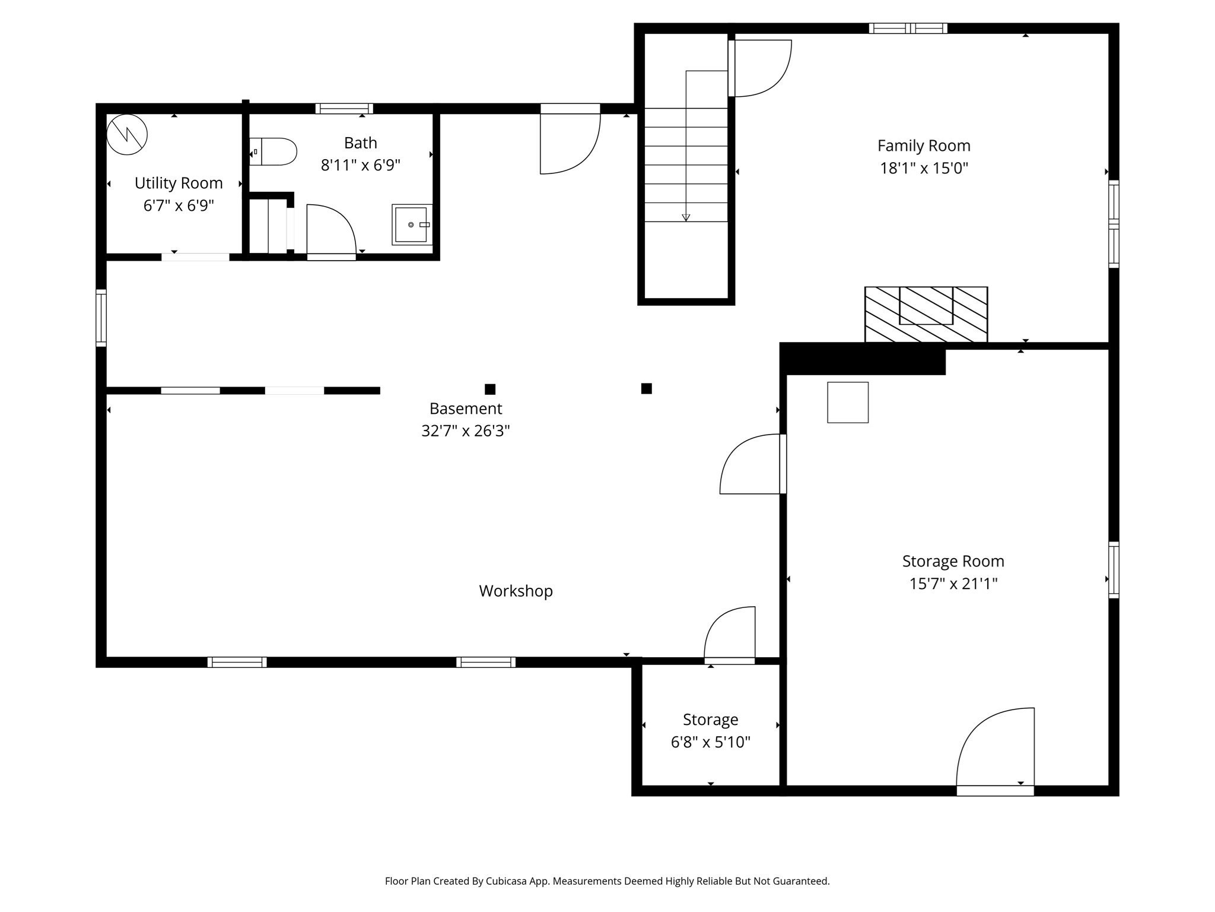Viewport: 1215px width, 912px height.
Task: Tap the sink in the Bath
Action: click(x=411, y=224)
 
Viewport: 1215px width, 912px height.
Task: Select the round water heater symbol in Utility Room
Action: click(x=127, y=135)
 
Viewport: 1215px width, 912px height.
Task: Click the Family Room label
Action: click(x=924, y=145)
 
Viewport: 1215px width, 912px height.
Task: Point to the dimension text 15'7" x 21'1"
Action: click(x=953, y=584)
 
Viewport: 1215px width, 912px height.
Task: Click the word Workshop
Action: click(x=516, y=591)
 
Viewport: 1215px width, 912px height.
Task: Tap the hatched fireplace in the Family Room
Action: click(x=925, y=315)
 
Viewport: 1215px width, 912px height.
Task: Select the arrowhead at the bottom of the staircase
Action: click(x=686, y=217)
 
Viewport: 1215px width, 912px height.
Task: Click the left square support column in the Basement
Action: click(x=490, y=389)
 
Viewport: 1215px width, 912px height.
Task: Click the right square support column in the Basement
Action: click(x=647, y=389)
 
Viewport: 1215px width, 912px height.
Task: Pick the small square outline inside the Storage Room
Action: click(x=848, y=403)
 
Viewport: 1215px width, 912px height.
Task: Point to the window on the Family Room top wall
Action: click(x=908, y=28)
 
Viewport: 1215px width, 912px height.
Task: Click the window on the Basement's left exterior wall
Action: click(x=101, y=318)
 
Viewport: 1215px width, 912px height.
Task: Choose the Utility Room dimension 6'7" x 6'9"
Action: click(x=179, y=206)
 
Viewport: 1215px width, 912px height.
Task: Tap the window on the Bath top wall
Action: click(x=344, y=109)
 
